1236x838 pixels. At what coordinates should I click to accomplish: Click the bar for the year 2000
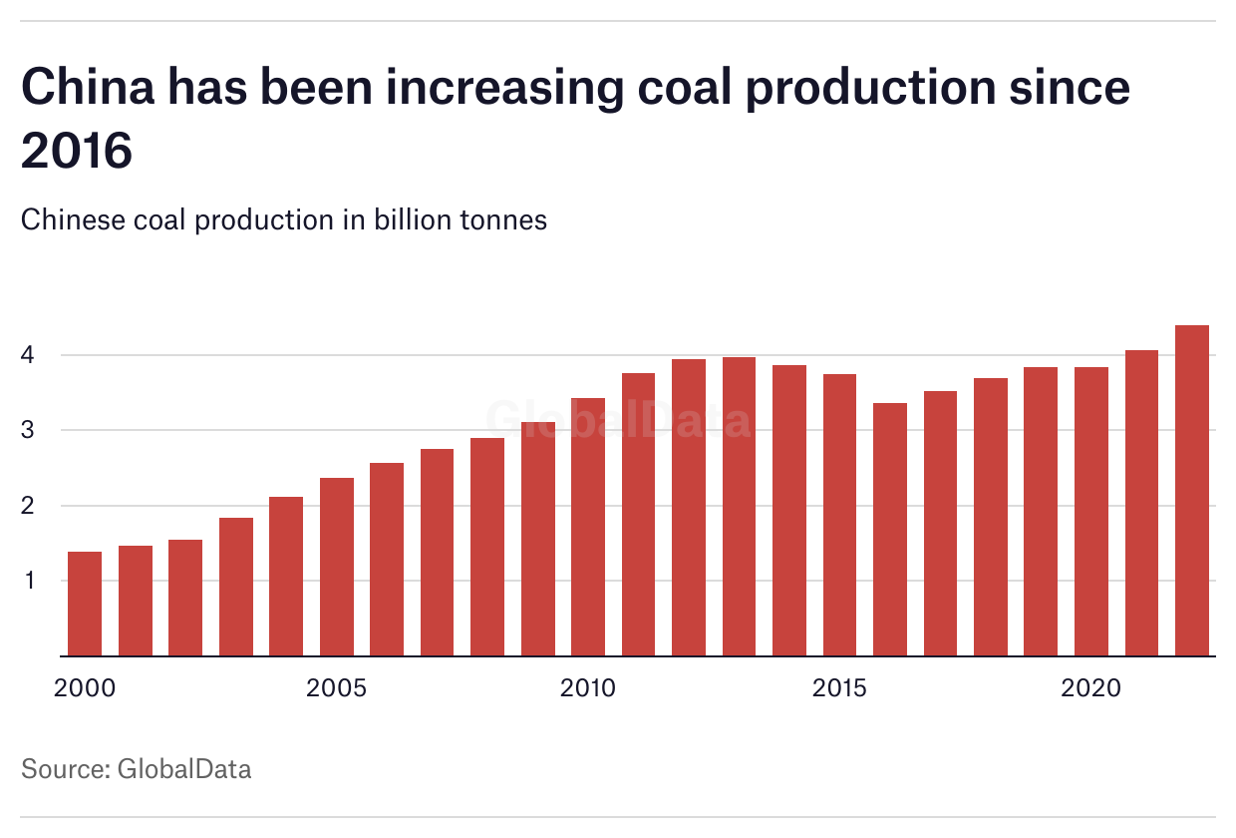tap(85, 604)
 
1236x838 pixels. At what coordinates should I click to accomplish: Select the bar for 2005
tap(337, 567)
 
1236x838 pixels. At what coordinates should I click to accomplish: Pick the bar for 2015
tap(839, 515)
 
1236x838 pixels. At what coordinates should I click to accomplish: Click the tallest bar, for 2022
tap(1192, 491)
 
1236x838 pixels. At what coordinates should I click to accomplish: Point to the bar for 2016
tap(890, 530)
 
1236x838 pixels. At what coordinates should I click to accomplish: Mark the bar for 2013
tap(739, 507)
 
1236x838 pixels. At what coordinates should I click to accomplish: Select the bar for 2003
tap(236, 587)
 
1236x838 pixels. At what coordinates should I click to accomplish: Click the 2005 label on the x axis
tap(337, 688)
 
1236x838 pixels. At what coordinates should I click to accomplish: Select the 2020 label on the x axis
tap(1091, 688)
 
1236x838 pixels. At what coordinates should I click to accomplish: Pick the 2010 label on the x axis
tap(588, 688)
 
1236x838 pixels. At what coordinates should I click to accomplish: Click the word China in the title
tap(88, 88)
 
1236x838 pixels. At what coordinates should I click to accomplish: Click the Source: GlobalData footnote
tap(137, 769)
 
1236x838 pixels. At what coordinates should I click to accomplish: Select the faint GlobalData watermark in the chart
tap(618, 420)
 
